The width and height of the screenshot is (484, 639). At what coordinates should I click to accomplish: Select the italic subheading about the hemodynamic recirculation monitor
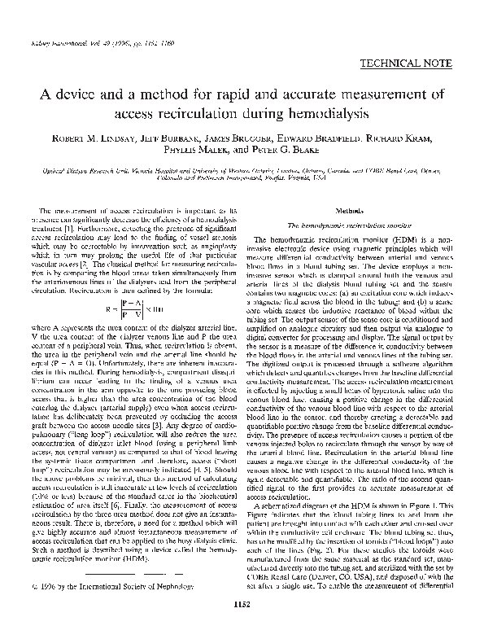tap(347, 225)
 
